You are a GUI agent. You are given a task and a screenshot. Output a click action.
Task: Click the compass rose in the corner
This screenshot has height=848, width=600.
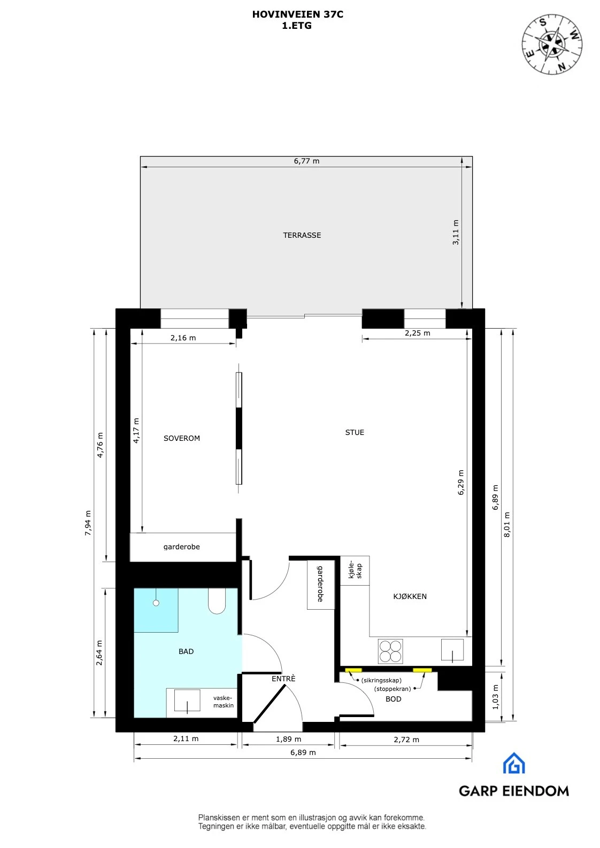click(552, 44)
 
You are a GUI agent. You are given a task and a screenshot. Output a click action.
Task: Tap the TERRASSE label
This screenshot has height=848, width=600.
click(302, 235)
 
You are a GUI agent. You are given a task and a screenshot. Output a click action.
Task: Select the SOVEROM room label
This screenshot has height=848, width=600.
click(182, 438)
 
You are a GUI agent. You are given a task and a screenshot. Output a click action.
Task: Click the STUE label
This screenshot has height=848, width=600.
click(355, 432)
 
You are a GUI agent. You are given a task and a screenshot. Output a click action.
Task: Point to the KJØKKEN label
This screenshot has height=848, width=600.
click(410, 596)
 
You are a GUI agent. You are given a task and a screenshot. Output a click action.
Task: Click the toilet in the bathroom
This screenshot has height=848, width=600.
click(217, 601)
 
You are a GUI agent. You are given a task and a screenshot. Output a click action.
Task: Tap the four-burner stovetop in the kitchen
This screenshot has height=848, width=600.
click(390, 651)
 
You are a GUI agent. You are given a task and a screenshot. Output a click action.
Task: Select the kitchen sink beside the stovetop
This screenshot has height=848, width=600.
click(452, 650)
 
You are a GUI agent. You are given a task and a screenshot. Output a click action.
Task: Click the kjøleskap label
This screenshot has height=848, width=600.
click(355, 570)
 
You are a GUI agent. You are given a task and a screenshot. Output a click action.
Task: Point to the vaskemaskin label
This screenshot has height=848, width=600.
click(224, 702)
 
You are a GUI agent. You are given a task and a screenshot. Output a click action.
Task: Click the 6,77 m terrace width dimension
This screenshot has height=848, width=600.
click(306, 161)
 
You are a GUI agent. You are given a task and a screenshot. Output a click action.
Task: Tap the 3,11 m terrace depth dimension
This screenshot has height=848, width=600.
click(456, 232)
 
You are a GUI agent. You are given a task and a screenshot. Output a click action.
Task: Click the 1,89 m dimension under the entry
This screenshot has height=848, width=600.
click(288, 739)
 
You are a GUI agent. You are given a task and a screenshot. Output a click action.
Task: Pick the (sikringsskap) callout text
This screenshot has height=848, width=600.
click(381, 680)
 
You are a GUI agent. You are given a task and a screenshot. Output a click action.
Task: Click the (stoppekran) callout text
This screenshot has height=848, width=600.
click(393, 689)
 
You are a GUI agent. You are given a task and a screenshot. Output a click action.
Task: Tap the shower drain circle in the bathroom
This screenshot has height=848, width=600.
click(156, 603)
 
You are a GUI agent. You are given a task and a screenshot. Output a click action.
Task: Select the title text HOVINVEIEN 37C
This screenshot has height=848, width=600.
click(298, 15)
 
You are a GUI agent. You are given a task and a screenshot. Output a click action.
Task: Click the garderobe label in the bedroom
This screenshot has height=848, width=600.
click(182, 547)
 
